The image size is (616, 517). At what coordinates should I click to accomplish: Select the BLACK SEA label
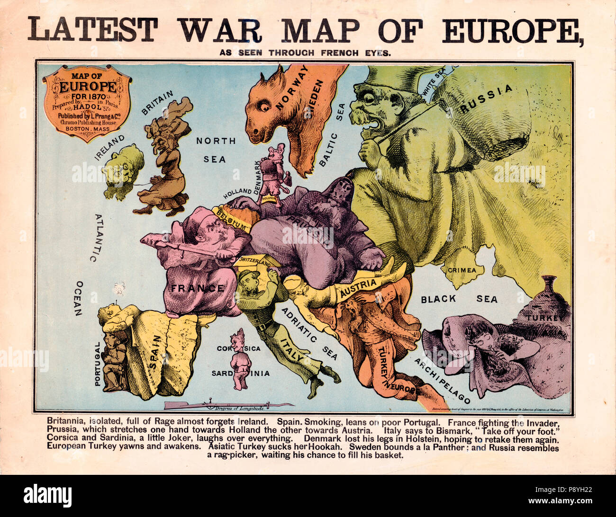tap(459, 299)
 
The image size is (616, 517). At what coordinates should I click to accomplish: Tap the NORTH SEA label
tap(216, 150)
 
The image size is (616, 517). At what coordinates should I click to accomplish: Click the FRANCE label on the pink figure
tap(198, 288)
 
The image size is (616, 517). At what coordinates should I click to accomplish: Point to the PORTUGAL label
tap(98, 364)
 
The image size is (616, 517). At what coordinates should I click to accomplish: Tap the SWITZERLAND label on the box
tap(254, 261)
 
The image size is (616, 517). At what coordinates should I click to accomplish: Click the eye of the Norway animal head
tap(262, 107)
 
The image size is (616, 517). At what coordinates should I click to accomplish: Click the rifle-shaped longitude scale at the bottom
tap(227, 405)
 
